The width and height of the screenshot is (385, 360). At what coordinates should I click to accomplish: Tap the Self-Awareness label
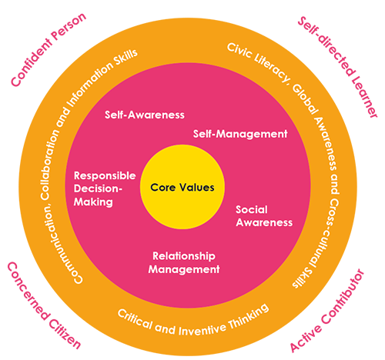[145, 115]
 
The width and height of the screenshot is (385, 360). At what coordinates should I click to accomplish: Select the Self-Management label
[239, 133]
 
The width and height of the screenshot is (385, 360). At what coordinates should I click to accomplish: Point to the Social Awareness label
[264, 215]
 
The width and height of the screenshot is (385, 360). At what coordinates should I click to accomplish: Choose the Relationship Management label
[184, 262]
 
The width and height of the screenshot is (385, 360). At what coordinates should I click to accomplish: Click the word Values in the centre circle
[196, 187]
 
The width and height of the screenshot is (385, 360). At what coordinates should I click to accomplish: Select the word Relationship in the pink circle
[184, 255]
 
